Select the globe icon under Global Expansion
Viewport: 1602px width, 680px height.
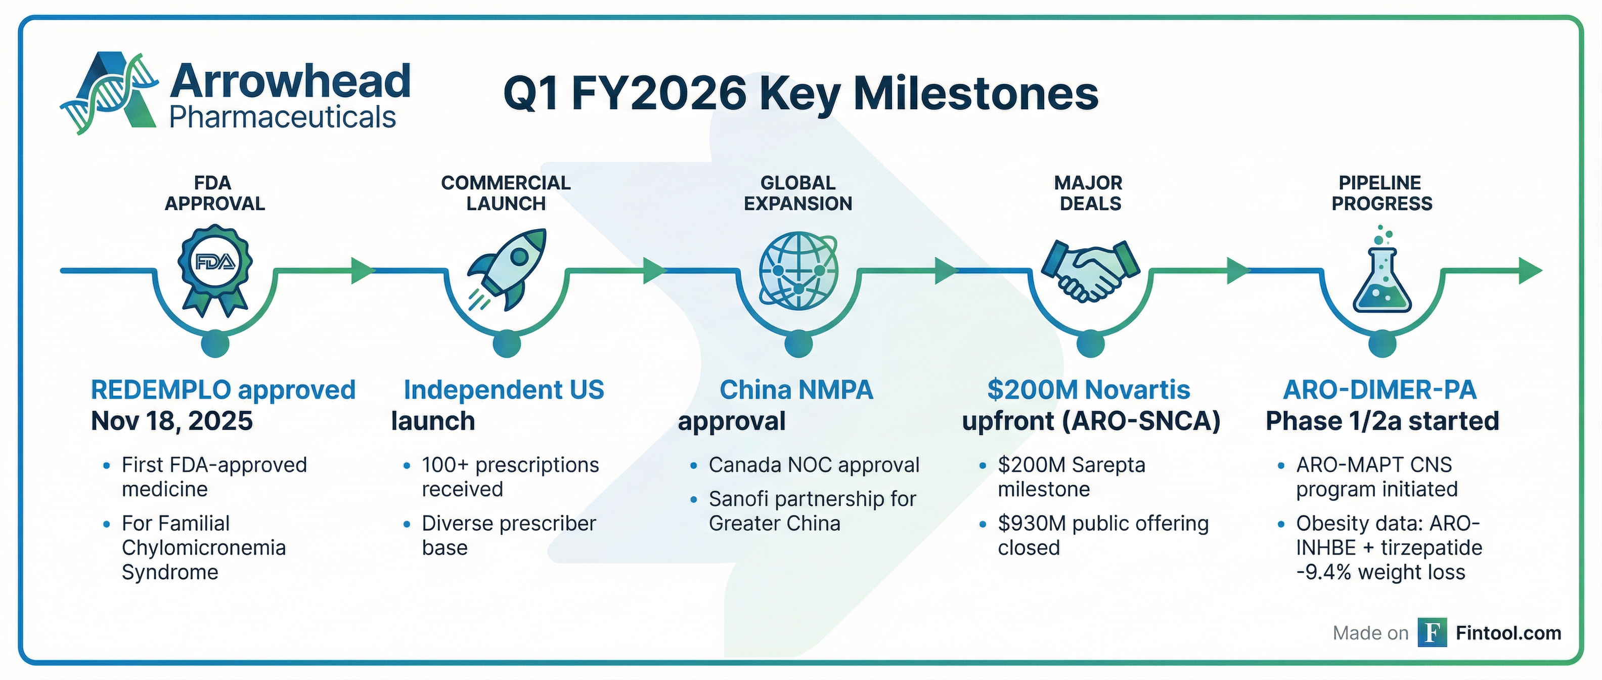(798, 270)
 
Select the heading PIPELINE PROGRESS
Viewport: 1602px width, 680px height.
(1381, 193)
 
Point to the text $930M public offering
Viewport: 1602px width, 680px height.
(1103, 523)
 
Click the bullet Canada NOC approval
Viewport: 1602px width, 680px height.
(814, 465)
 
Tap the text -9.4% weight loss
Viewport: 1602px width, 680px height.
(1381, 572)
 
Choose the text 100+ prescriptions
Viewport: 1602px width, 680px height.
(510, 465)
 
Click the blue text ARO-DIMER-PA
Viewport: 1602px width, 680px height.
(1380, 390)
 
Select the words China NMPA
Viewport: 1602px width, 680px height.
(796, 390)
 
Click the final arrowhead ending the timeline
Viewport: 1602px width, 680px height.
(1531, 271)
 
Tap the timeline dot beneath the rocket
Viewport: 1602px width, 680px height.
(507, 344)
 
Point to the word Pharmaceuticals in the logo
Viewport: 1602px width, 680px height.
(282, 117)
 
